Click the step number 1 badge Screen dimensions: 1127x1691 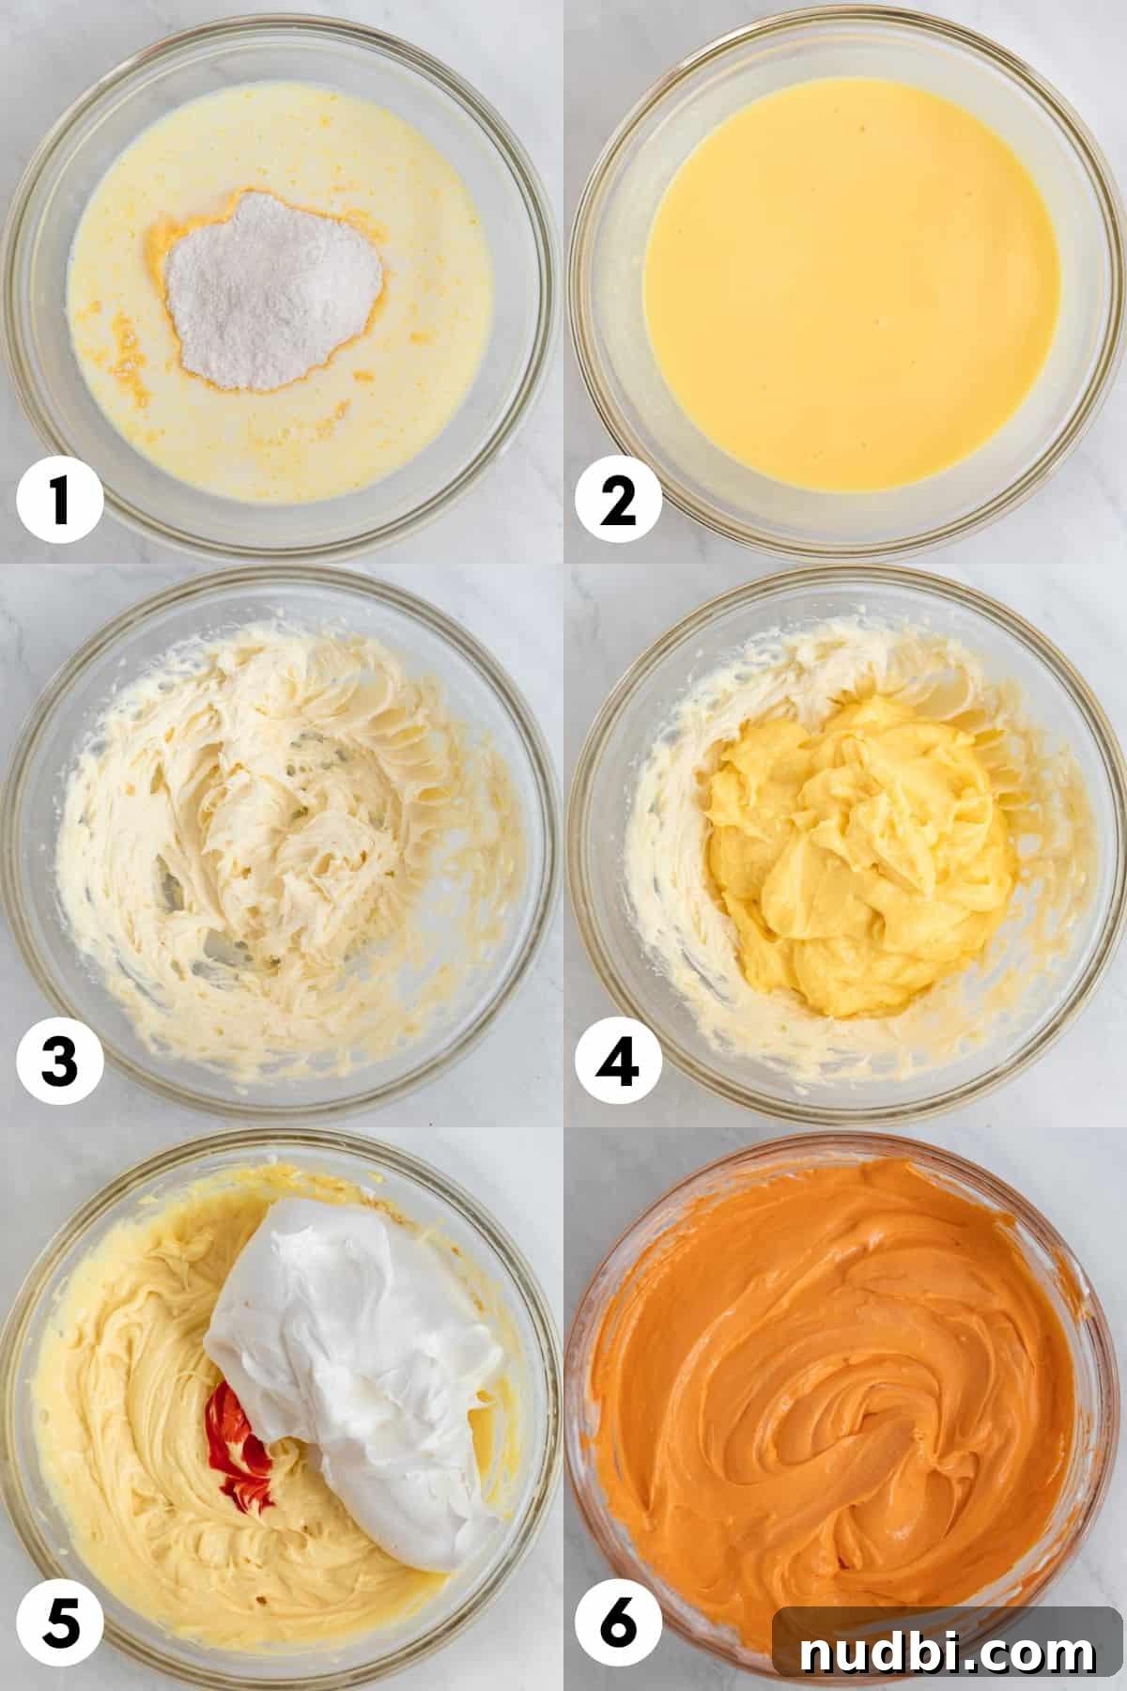click(59, 500)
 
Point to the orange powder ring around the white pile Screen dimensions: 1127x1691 click(160, 272)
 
